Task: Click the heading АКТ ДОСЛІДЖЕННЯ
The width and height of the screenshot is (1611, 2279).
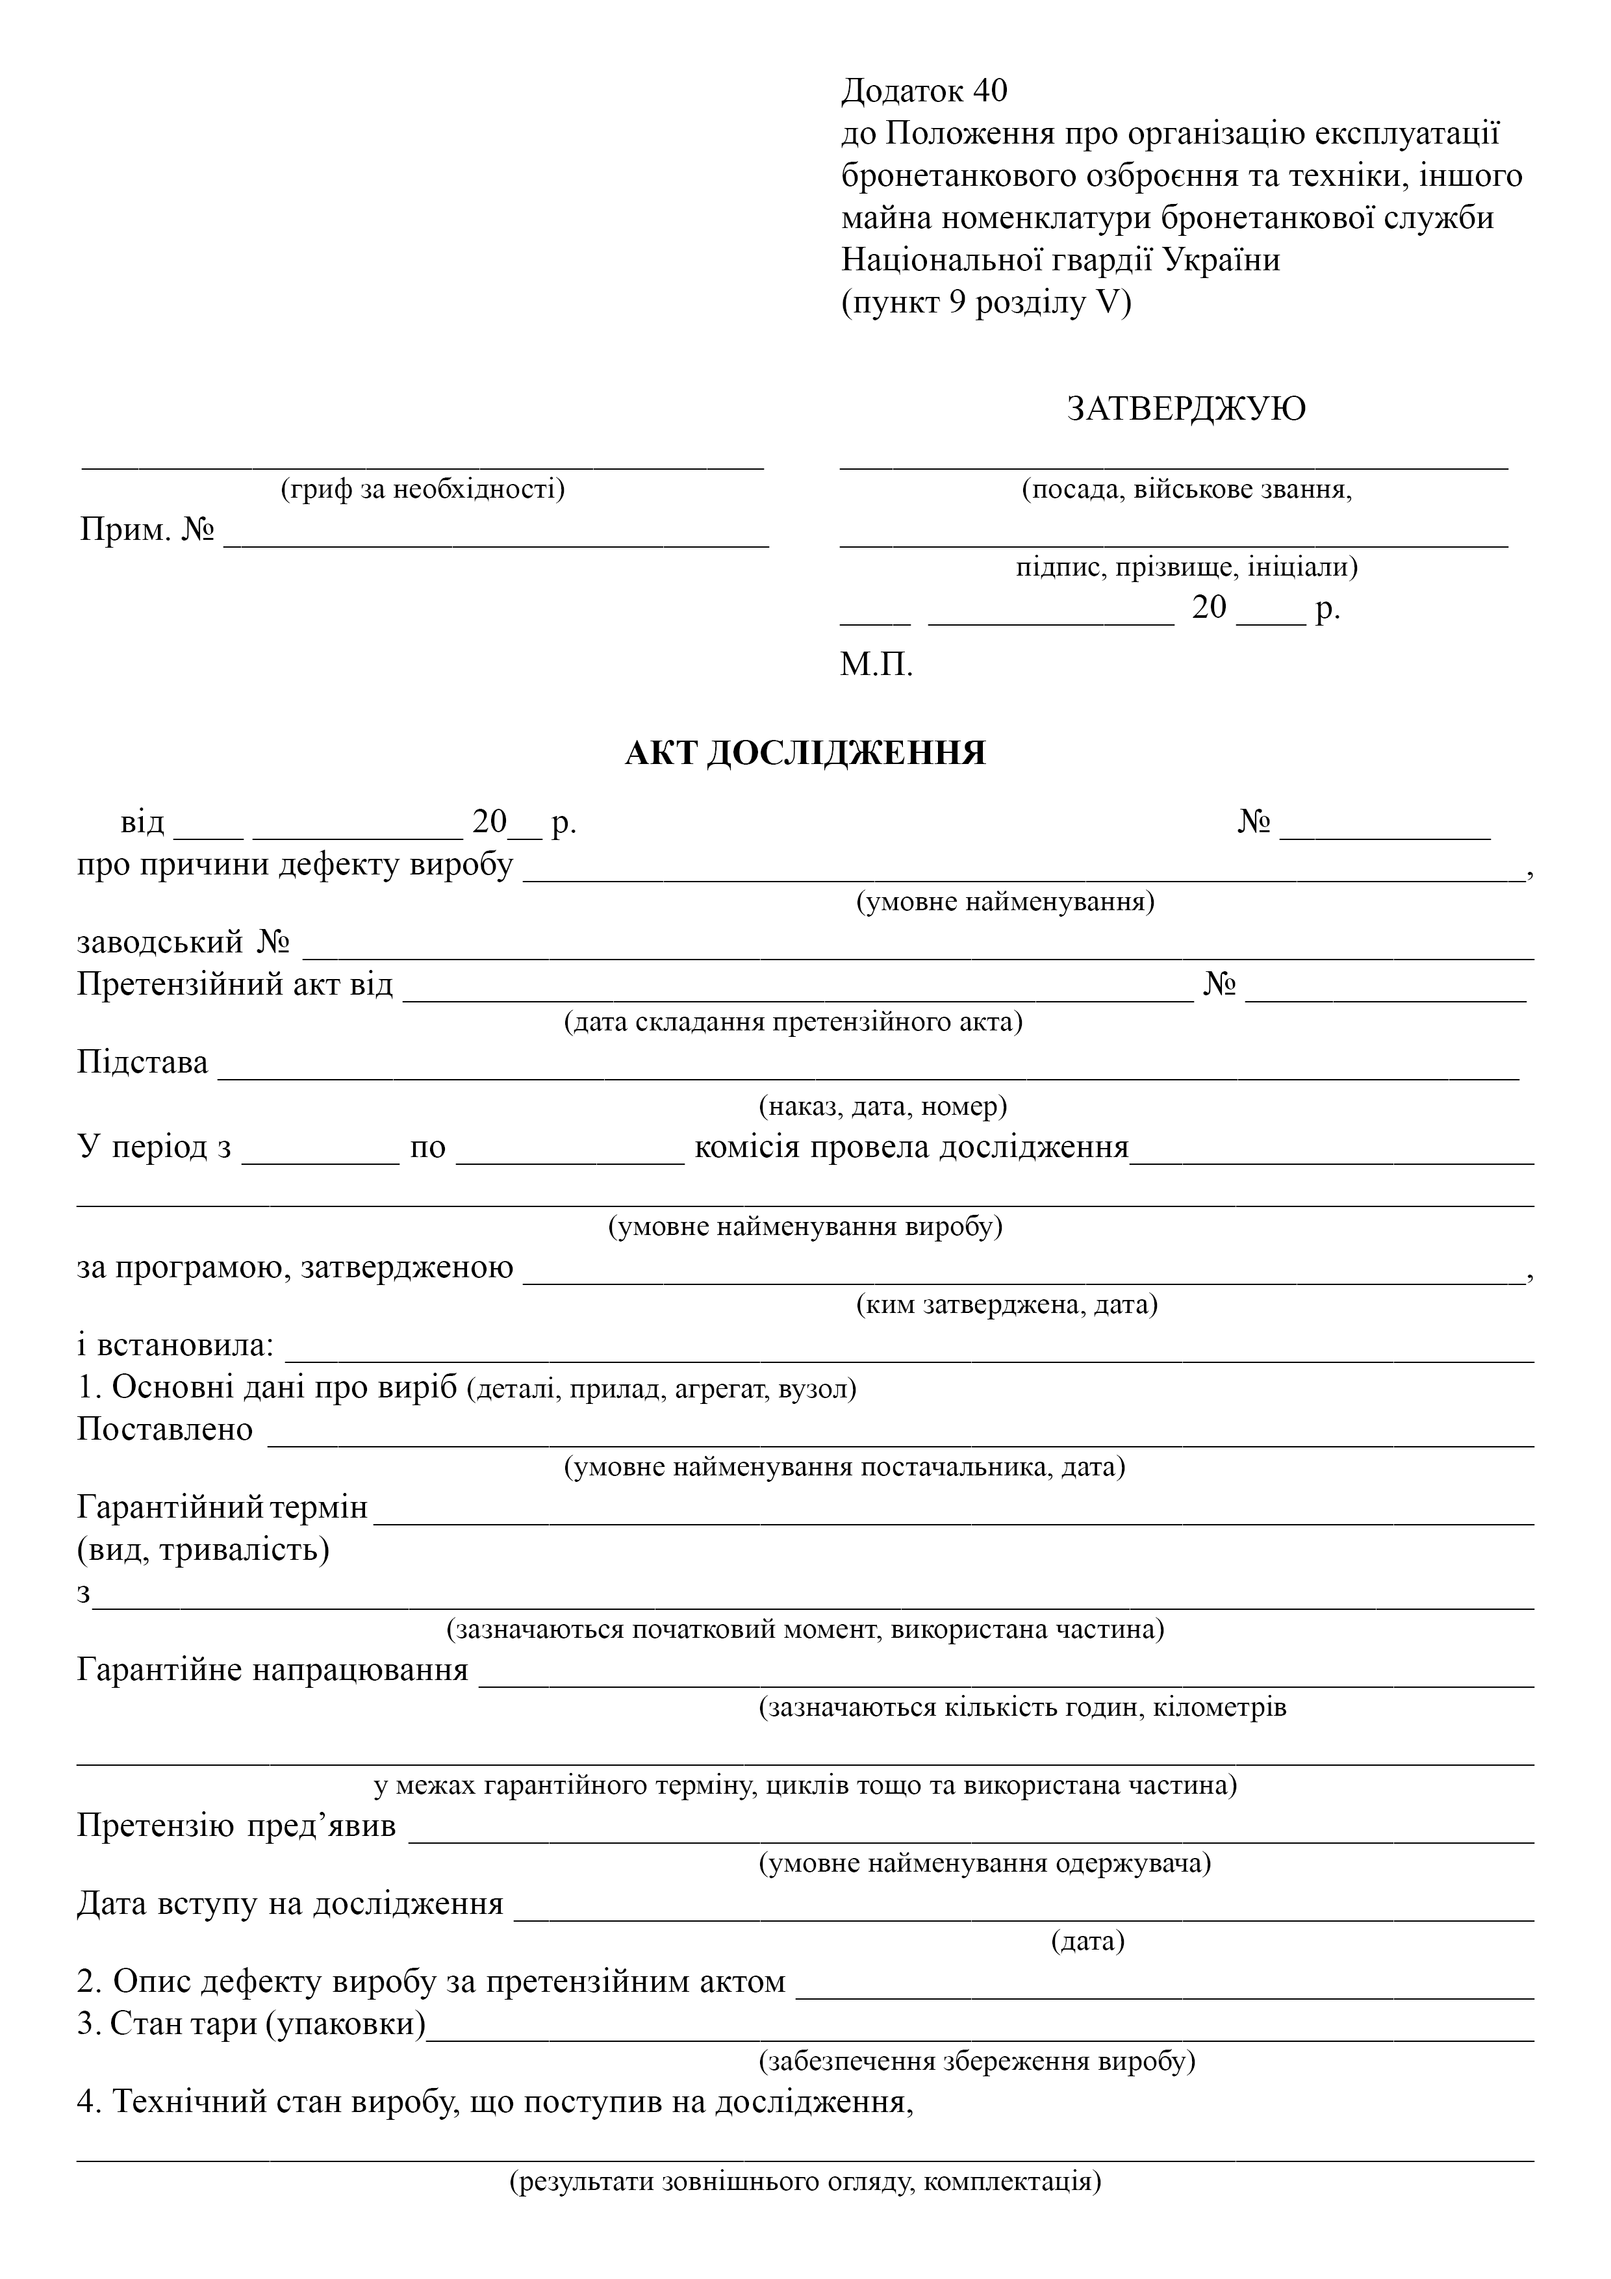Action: [805, 754]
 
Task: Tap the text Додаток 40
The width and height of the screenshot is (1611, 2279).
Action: [924, 92]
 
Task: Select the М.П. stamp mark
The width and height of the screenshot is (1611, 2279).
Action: [876, 664]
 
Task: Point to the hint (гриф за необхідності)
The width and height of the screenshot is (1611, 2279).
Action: [423, 489]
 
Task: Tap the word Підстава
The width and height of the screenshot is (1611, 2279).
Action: [143, 1063]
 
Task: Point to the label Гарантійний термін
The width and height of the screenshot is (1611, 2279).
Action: [222, 1508]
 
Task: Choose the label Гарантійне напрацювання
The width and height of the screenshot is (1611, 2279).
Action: [273, 1670]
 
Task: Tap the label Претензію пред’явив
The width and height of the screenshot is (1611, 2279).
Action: [236, 1826]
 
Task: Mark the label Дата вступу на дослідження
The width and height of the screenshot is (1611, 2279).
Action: [290, 1903]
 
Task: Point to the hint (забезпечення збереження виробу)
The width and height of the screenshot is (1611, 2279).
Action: [977, 2061]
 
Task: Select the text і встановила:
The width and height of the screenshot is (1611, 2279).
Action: [175, 1346]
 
